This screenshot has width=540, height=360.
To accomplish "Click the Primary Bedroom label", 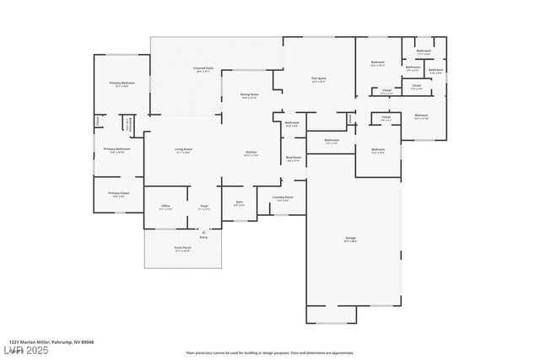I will [x=122, y=83].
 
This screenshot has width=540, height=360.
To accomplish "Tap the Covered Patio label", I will [x=202, y=67].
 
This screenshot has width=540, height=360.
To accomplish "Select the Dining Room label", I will [x=249, y=95].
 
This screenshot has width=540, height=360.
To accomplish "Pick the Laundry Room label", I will [x=281, y=199].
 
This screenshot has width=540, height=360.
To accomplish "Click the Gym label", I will [x=239, y=203].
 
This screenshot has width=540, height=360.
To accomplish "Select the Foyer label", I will [x=204, y=207].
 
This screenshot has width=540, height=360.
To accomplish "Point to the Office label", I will [x=165, y=207].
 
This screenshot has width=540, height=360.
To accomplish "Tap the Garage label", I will [x=350, y=239].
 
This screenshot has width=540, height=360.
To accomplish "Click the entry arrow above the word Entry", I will [x=202, y=231].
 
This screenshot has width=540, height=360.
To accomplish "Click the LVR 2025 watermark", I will [x=25, y=349].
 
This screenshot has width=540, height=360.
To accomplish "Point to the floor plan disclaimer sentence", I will [x=270, y=352].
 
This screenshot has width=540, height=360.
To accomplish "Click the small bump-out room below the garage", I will [x=337, y=314].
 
